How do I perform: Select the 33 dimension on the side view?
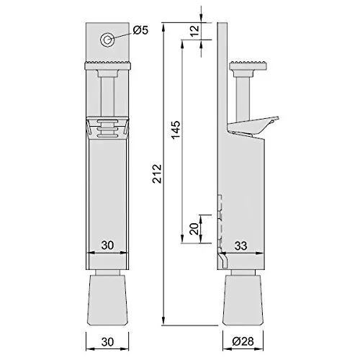241,246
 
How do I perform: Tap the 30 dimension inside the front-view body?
108,246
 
